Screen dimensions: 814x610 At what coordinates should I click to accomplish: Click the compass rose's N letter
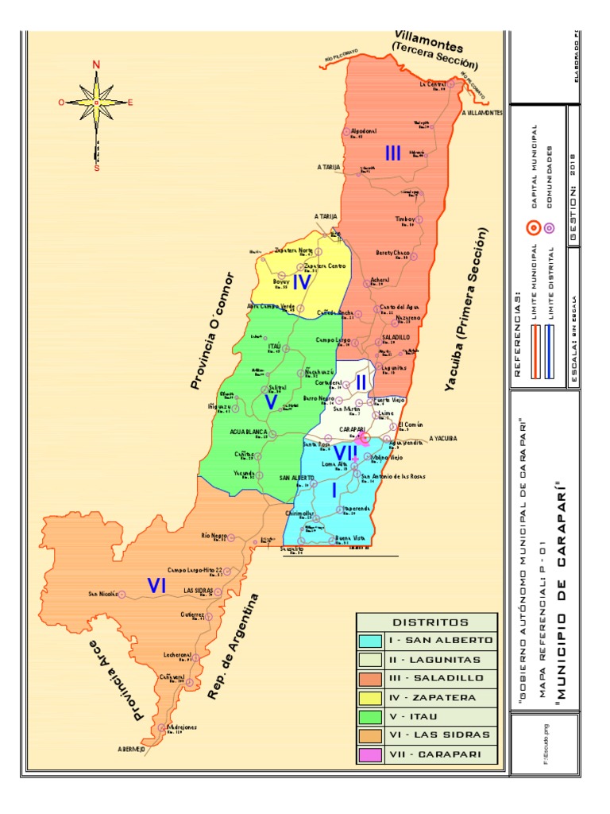click(96, 65)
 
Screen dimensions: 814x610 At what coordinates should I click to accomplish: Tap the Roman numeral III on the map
click(392, 153)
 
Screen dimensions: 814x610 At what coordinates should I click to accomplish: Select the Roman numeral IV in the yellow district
click(301, 282)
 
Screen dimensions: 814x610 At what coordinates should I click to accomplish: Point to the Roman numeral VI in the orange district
click(156, 586)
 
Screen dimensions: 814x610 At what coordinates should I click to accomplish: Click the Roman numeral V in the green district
click(271, 402)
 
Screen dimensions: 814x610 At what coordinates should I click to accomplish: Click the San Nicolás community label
click(103, 594)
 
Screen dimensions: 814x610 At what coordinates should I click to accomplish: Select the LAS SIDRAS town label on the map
click(198, 591)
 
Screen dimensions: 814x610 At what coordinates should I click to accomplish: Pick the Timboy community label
click(405, 219)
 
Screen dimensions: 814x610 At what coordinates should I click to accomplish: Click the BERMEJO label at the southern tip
click(132, 750)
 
